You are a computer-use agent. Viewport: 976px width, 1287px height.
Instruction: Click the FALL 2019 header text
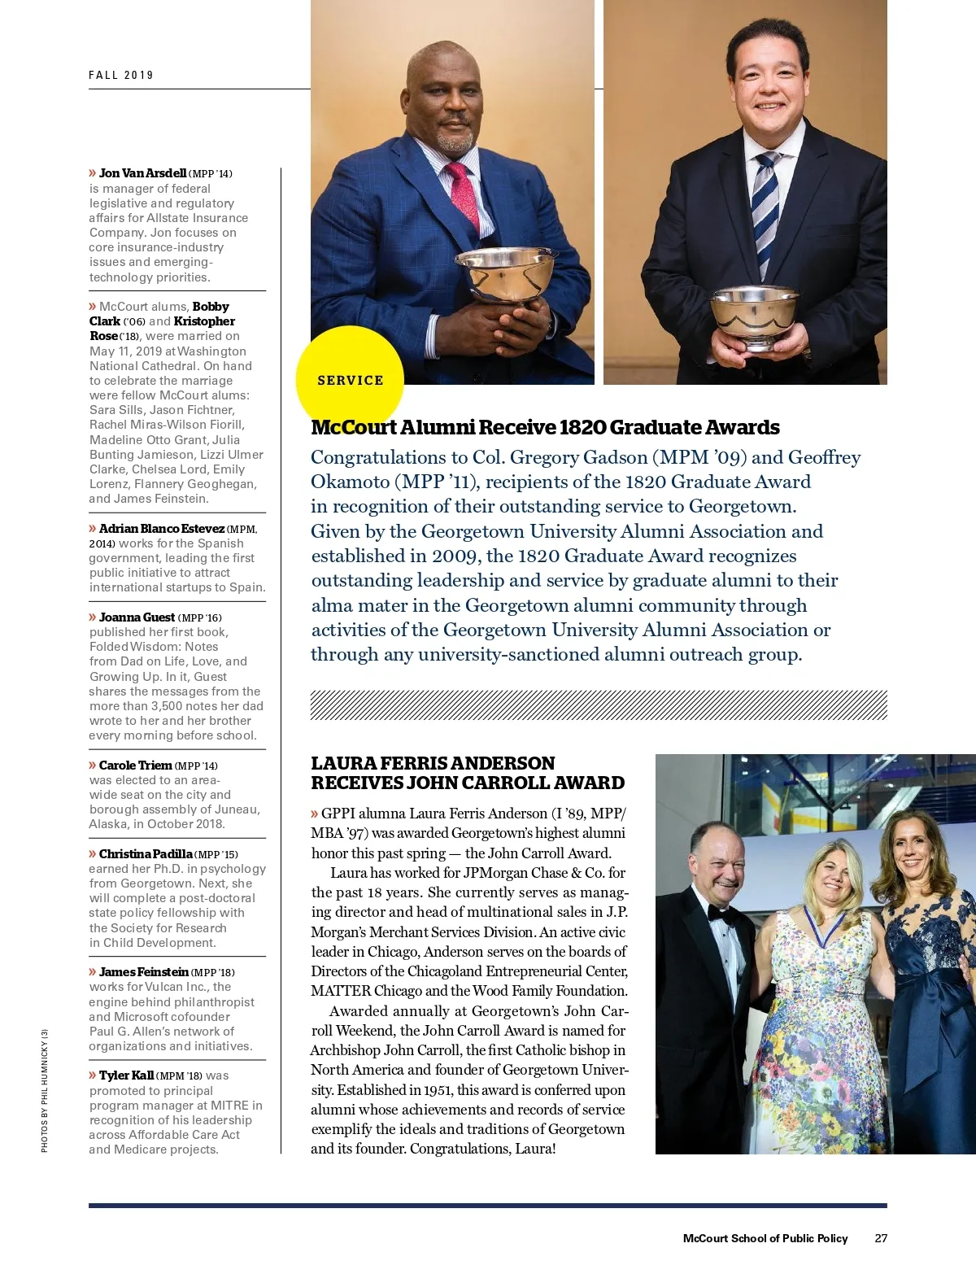click(x=121, y=75)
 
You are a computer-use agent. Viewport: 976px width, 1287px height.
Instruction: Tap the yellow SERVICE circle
click(x=350, y=380)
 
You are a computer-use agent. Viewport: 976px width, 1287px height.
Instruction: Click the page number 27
click(x=881, y=1238)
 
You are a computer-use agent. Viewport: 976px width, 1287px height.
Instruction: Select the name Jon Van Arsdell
click(x=142, y=173)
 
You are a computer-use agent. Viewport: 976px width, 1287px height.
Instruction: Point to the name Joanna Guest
click(x=137, y=617)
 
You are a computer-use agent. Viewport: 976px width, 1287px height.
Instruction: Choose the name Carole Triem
click(x=135, y=766)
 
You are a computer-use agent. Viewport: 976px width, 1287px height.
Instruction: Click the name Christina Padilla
click(x=146, y=854)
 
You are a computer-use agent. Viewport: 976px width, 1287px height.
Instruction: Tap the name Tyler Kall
click(x=126, y=1075)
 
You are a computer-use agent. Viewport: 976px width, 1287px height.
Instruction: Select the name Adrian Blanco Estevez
click(x=161, y=529)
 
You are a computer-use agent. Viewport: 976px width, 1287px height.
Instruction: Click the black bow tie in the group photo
click(x=723, y=914)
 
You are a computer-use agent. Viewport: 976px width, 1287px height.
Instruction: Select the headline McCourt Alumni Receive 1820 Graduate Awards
click(x=545, y=428)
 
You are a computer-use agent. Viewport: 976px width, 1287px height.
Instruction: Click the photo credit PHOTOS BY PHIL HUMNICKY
click(x=45, y=1090)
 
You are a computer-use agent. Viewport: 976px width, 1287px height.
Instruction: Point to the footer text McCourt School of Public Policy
click(x=765, y=1238)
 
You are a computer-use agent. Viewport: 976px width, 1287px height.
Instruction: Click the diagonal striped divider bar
click(x=599, y=705)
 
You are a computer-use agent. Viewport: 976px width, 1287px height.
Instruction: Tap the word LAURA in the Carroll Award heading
click(x=340, y=763)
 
